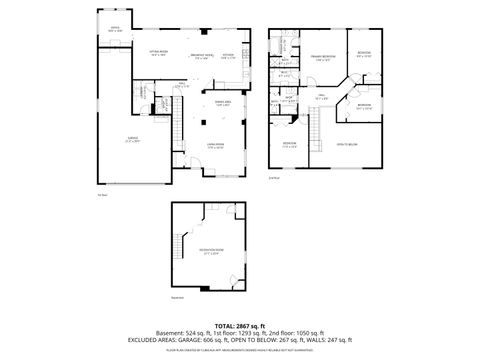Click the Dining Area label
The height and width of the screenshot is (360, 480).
point(222,103)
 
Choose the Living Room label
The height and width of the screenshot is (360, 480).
point(215,146)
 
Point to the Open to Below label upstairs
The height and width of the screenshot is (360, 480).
point(348,144)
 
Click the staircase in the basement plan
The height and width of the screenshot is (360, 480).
point(187,240)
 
